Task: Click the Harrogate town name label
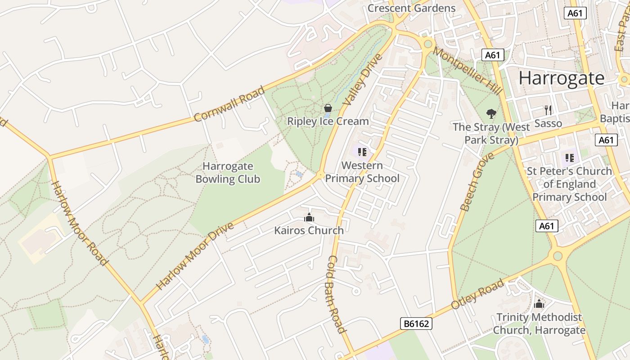coord(562,78)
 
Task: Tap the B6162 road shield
coord(416,323)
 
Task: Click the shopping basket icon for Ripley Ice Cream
coord(328,108)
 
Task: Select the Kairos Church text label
coord(309,230)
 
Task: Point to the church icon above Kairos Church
coord(309,218)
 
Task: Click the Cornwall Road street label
coord(229,104)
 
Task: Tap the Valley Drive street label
coord(362,80)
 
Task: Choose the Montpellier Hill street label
coord(468,71)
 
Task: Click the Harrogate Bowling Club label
coord(228,173)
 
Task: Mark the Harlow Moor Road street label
coord(80,223)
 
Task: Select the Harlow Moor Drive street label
coord(195,256)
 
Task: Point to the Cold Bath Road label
coord(337,294)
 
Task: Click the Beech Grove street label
coord(477,181)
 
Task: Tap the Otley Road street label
coord(477,294)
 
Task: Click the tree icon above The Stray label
coord(491,113)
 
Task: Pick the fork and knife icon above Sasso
coord(548,110)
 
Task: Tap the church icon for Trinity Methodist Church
coord(539,304)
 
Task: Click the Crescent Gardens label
coord(411,8)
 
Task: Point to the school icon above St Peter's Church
coord(569,158)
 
